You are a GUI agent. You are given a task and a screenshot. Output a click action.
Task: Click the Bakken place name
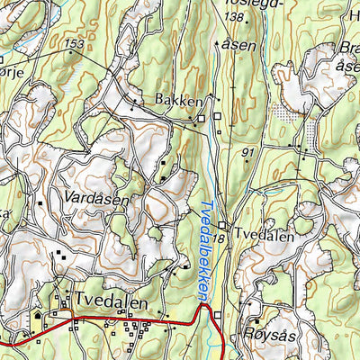(178, 102)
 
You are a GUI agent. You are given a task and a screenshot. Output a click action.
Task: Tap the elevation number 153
(75, 44)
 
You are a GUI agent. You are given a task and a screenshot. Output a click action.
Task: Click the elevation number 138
(235, 17)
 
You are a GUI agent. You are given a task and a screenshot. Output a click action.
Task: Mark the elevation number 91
(249, 154)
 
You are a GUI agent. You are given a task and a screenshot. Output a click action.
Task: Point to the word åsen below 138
(240, 45)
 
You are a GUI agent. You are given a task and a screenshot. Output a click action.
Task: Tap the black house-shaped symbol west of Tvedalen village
(37, 318)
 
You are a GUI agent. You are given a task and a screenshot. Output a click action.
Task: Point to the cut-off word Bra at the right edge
(348, 51)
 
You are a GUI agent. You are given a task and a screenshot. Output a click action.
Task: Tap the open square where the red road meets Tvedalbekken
(216, 313)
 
